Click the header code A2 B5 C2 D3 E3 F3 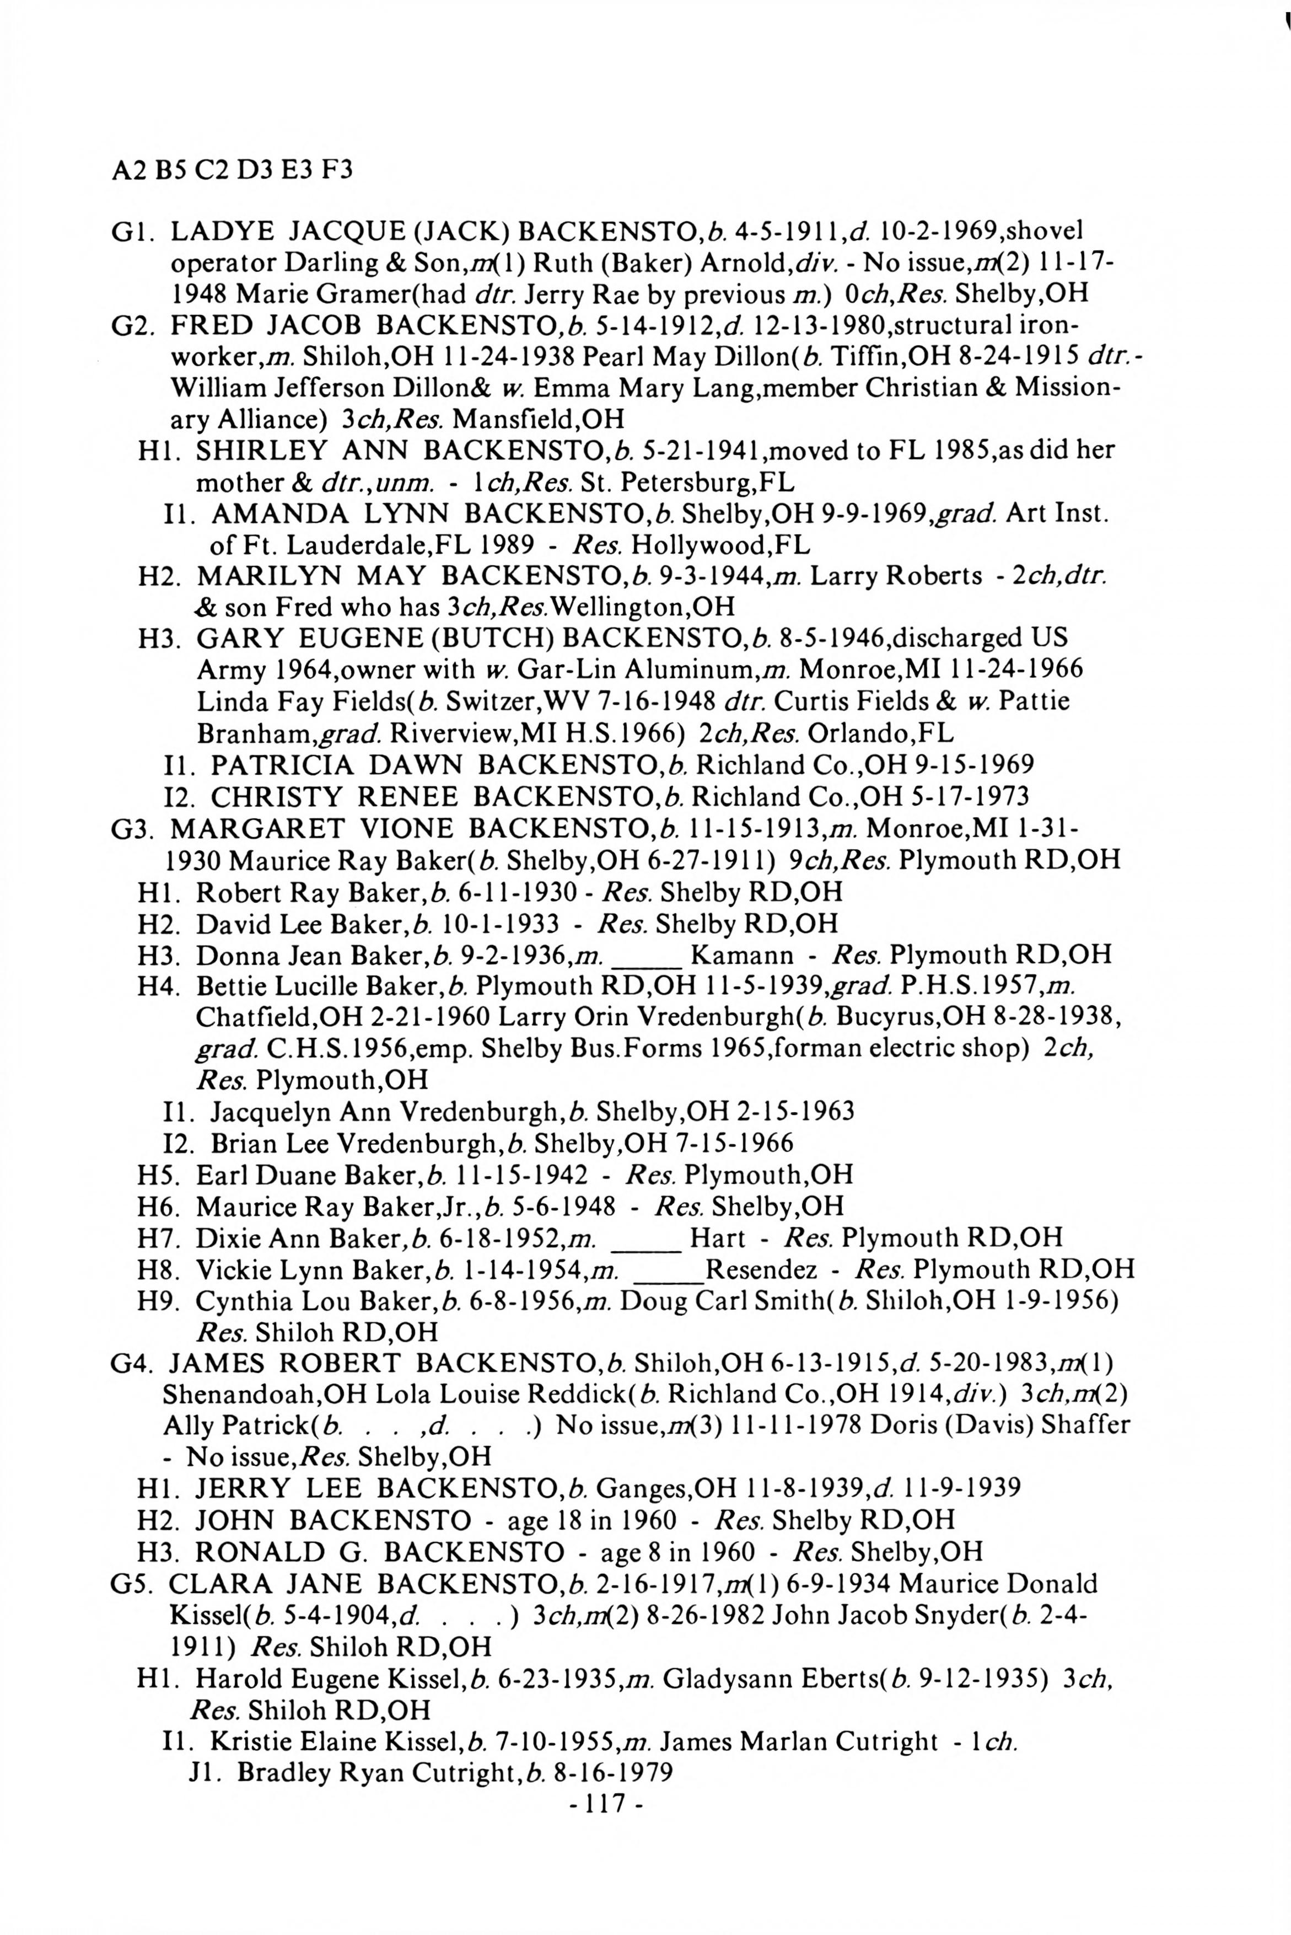point(232,170)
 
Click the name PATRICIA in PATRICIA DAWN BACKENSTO point(282,765)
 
